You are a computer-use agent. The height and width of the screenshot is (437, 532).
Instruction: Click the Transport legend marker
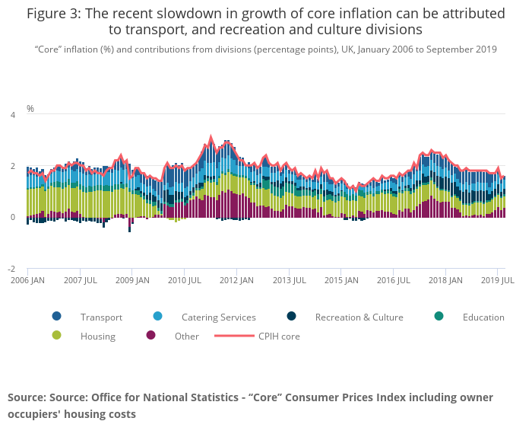pos(57,317)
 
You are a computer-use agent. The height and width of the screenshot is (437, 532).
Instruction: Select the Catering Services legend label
pos(218,317)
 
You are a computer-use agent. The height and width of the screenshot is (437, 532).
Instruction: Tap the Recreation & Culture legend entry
pos(359,317)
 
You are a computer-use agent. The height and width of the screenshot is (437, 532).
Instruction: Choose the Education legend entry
pos(483,317)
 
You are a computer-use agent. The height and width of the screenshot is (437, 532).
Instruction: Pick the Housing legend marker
pos(57,336)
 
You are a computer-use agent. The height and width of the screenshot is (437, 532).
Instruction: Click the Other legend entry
pos(186,336)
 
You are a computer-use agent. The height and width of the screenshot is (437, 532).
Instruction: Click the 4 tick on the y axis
pos(12,115)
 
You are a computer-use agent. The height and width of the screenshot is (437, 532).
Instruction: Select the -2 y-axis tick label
pos(11,269)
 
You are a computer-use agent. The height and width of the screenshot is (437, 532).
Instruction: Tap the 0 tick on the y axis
pos(12,218)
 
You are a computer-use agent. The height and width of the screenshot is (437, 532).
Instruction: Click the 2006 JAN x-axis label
pos(27,280)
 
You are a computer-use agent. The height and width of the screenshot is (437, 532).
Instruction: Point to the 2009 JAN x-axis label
pos(131,280)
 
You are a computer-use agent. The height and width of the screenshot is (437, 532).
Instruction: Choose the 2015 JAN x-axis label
pos(340,280)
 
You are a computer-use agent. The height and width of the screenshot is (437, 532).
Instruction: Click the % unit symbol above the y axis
pos(30,109)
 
